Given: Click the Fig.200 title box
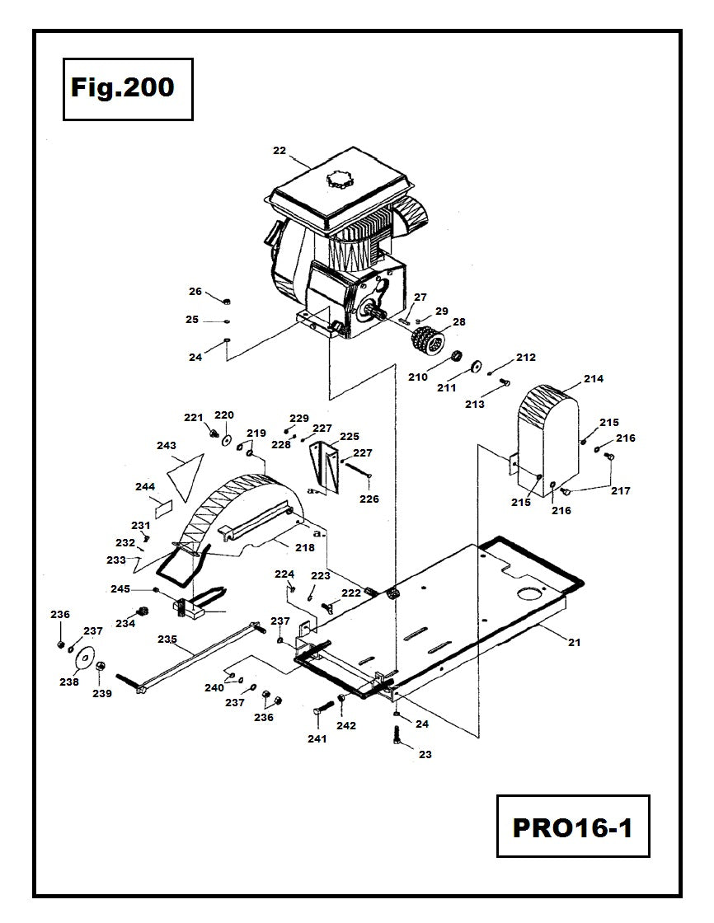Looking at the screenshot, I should click(x=128, y=89).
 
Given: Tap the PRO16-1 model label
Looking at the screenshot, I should click(x=572, y=827).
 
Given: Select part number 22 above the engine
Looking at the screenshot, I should click(x=279, y=151).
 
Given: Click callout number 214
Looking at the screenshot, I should click(x=594, y=379).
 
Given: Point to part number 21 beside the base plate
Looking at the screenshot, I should click(x=574, y=642).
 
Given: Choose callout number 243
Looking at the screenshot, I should click(x=167, y=446).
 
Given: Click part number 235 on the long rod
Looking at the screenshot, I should click(x=167, y=639).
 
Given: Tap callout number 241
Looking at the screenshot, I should click(x=317, y=738).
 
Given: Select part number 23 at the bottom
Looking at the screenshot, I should click(x=425, y=754).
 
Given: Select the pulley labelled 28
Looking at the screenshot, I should click(x=426, y=340).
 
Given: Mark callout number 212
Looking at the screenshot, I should click(x=526, y=358).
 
